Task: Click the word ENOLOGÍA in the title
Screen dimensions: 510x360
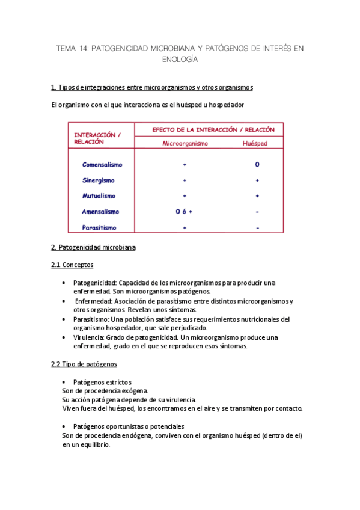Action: coord(180,60)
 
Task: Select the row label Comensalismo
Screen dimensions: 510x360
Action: coord(102,165)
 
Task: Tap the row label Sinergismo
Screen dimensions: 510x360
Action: coord(98,180)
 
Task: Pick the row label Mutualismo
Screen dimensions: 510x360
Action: coord(99,196)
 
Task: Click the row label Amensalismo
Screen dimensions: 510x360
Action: coord(100,212)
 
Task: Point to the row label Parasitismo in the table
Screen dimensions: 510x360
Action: coord(99,228)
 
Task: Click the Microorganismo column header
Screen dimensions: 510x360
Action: coord(185,144)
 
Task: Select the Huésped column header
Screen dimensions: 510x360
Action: coord(255,144)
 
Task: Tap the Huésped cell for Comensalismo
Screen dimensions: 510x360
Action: coord(257,165)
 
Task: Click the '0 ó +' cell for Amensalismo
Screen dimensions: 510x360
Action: coord(184,212)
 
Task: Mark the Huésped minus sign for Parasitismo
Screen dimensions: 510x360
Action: coord(257,228)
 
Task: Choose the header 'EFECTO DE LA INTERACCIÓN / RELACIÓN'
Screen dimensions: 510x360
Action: coord(213,129)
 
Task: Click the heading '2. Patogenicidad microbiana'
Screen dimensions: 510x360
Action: coord(93,247)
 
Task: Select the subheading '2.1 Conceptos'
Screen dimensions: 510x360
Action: coord(73,265)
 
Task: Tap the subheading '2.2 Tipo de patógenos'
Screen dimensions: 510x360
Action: coord(84,364)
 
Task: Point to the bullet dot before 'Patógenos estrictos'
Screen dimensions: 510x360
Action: coord(64,382)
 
